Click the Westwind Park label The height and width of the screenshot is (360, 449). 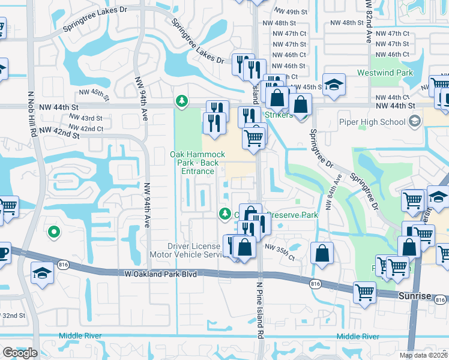pos(393,73)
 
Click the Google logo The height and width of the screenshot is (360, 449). pos(20,352)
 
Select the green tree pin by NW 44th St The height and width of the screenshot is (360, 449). pos(181,100)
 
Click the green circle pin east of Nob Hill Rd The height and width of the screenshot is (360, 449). pos(53,231)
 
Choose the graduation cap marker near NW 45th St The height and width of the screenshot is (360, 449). pos(334,84)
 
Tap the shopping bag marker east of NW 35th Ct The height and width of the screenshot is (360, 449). pos(322,253)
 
